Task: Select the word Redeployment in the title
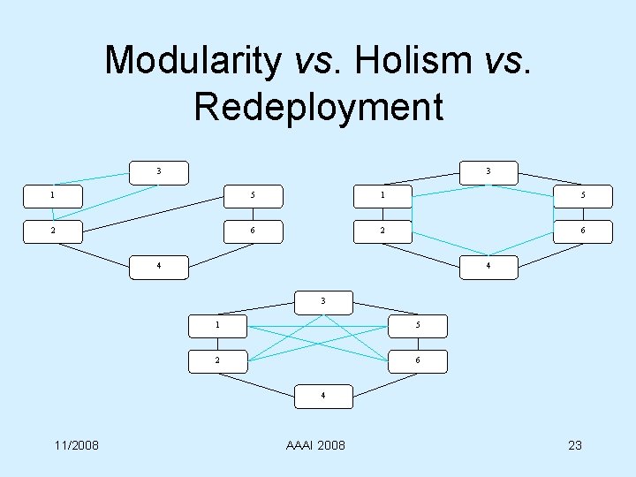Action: coord(318,106)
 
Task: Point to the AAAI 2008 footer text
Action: coord(315,444)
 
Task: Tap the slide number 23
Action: coord(574,444)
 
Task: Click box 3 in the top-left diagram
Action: coord(159,171)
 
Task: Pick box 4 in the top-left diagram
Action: coord(159,267)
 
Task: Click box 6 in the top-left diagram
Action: coord(254,231)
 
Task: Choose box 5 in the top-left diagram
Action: coord(254,196)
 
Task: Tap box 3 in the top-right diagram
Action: coord(488,171)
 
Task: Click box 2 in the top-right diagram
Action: coord(382,231)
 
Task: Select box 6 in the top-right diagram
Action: coord(583,231)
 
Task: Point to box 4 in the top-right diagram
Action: coord(488,267)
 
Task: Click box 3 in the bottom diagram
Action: coord(323,301)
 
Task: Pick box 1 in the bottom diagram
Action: coord(218,325)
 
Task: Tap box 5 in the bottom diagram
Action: coord(418,325)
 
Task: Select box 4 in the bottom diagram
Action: coord(323,396)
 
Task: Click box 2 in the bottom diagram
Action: coord(218,360)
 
